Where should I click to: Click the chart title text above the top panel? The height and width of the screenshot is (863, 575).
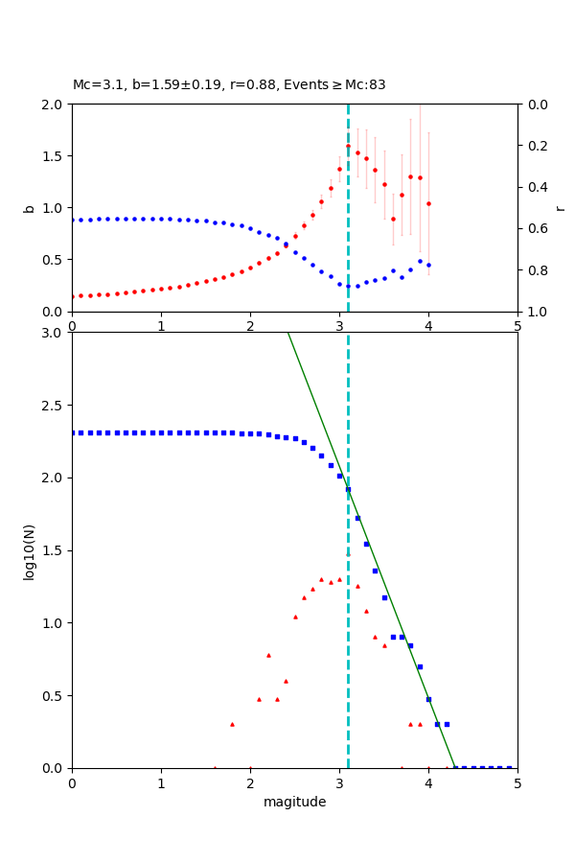point(229,85)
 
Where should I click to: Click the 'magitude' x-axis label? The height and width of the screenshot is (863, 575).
point(294,803)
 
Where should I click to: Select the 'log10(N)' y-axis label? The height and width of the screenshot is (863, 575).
point(30,550)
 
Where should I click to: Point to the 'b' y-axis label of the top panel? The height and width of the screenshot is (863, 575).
point(30,208)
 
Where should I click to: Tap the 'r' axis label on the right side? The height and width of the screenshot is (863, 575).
point(560,208)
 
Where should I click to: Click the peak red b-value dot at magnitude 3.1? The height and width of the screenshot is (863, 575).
point(348,146)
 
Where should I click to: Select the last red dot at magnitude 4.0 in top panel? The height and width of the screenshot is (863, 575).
point(428,203)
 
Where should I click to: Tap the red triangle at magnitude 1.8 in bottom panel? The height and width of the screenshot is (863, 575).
point(232,724)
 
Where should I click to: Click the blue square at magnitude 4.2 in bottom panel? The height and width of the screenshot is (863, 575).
point(447,724)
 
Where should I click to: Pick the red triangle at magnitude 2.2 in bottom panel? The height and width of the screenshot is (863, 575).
point(268,655)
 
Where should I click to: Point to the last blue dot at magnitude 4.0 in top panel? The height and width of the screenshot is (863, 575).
point(428,265)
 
